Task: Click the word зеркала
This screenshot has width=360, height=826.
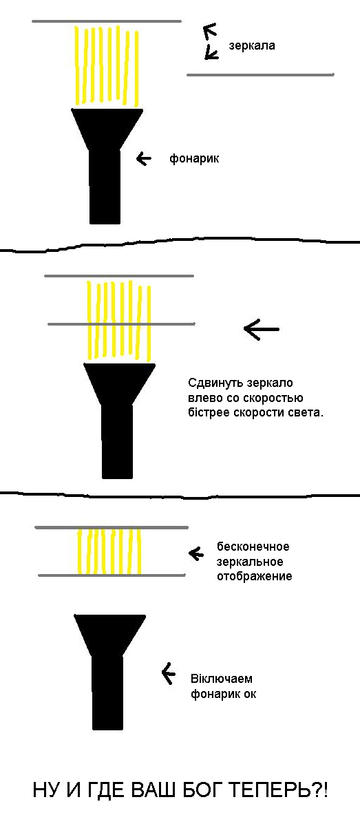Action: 252,45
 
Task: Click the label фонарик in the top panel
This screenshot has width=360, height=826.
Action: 194,158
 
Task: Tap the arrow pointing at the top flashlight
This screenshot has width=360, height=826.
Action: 144,159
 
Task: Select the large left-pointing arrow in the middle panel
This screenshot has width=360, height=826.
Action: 261,329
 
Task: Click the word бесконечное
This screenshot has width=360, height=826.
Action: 253,547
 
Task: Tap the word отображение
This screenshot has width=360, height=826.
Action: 255,576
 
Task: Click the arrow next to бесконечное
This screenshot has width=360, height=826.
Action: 196,553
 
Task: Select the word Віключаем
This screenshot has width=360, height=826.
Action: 222,679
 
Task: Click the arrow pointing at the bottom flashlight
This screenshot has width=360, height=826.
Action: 169,674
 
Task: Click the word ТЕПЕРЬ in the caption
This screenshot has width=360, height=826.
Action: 270,791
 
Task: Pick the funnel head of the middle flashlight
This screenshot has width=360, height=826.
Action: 120,384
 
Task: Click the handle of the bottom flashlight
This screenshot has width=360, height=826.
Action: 107,693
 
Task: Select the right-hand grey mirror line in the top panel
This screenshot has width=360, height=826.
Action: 260,75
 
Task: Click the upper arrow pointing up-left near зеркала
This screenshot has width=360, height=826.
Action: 210,31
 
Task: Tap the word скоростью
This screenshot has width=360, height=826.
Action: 273,399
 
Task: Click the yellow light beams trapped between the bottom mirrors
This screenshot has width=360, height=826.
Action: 109,551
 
